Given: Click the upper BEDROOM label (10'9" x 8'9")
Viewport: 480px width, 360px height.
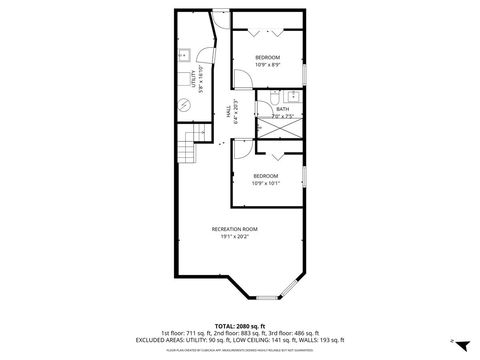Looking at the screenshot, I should [x=267, y=61].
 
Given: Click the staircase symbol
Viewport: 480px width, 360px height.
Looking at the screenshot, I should [x=186, y=154].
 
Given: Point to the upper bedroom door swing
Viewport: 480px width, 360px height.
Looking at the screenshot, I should [x=244, y=81].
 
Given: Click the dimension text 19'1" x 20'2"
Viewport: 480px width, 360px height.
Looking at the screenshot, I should [x=235, y=238].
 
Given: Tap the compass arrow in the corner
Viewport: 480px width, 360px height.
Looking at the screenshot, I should [x=452, y=341].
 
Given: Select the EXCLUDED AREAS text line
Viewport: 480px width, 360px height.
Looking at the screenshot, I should [x=240, y=340].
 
